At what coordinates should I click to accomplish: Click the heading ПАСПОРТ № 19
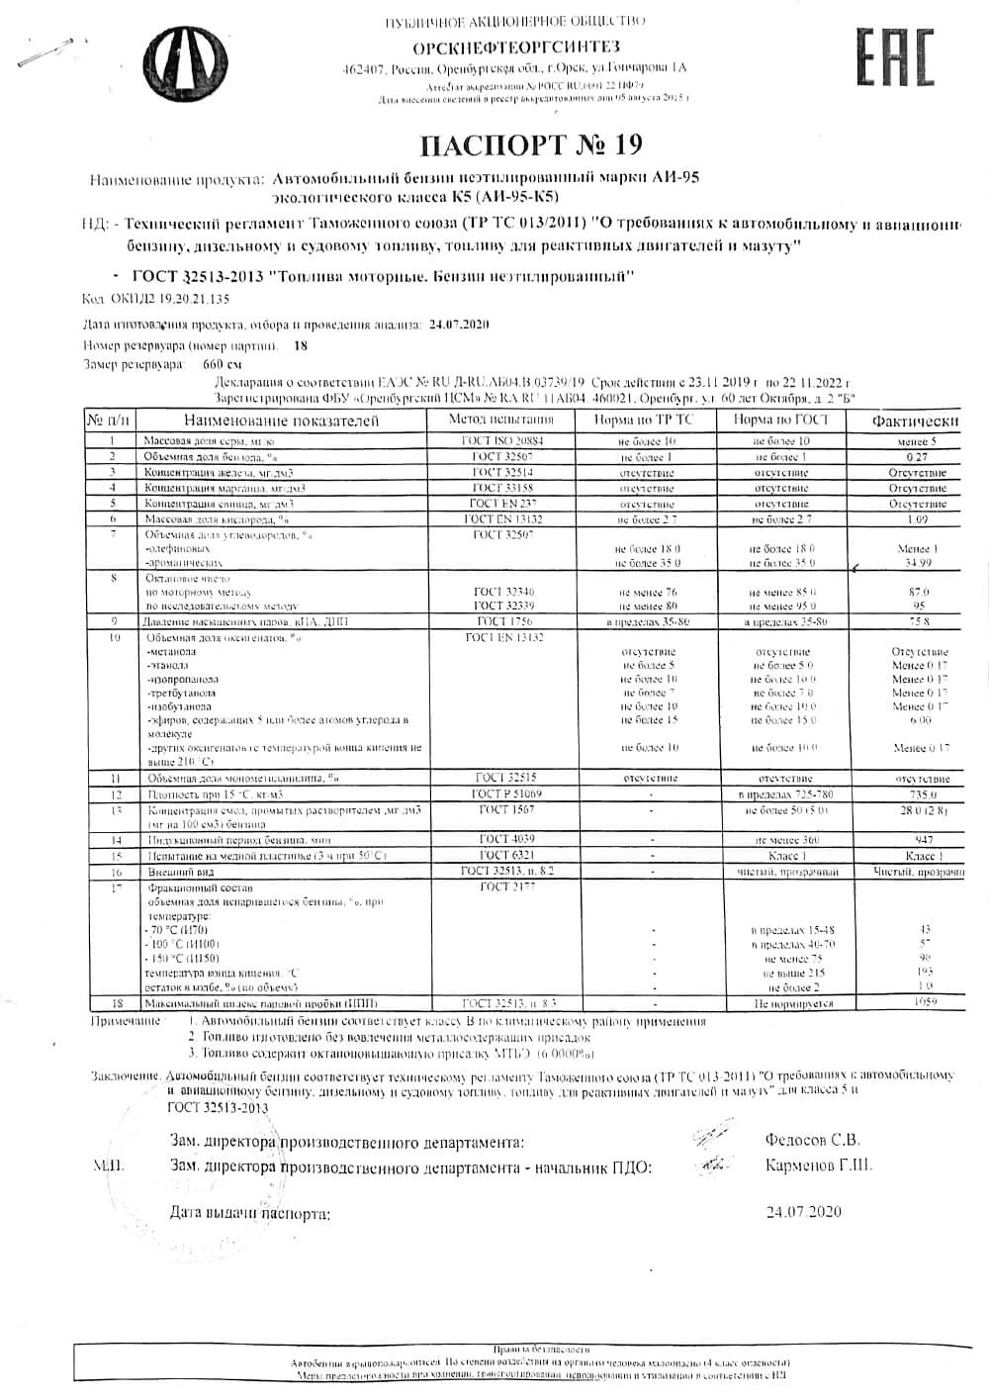click(531, 144)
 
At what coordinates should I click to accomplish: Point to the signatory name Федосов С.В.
click(812, 1139)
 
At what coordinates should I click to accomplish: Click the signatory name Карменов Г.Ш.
click(819, 1166)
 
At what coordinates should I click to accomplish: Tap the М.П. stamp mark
click(108, 1166)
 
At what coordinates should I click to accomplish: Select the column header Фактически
click(915, 421)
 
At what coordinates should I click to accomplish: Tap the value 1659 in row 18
click(924, 1002)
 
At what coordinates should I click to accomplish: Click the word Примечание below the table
click(126, 1020)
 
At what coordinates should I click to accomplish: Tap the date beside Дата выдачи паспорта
click(804, 1211)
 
